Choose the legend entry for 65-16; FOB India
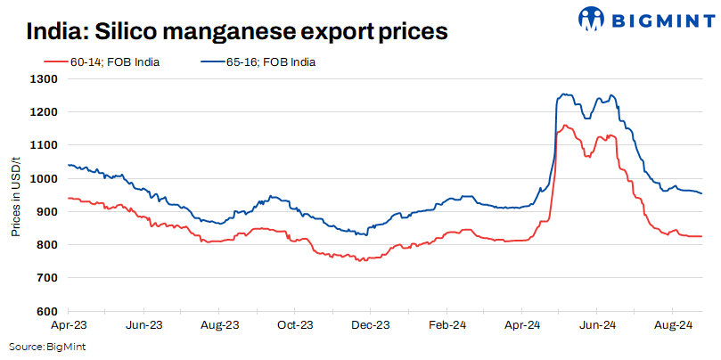[x=272, y=62]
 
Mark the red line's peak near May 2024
[x=565, y=126]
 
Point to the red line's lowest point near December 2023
[x=361, y=261]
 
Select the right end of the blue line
[x=701, y=193]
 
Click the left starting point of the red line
[x=69, y=198]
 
